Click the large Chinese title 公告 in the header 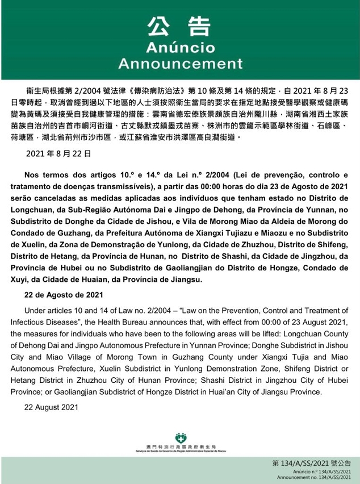coord(179,26)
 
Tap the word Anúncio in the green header coord(179,47)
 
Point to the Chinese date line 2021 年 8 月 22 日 coord(59,154)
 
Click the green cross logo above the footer coord(181,437)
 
